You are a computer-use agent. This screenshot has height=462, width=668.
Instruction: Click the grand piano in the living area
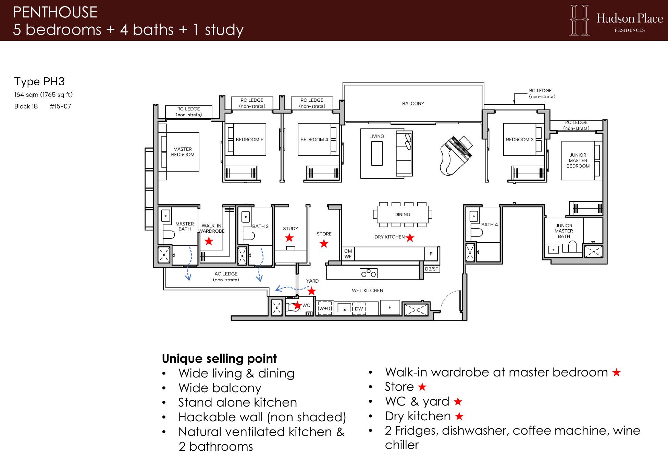click(x=456, y=156)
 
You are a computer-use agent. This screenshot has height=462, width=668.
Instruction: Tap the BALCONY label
click(x=413, y=103)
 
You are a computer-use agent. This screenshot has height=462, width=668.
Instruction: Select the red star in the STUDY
click(x=289, y=238)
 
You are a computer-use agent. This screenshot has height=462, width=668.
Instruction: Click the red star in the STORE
click(x=324, y=244)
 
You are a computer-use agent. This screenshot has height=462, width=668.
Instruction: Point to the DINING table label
click(x=402, y=215)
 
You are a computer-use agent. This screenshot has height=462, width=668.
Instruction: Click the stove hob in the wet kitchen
click(x=369, y=273)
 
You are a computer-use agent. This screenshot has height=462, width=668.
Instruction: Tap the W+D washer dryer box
click(x=324, y=308)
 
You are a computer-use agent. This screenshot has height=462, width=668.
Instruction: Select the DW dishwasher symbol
click(x=359, y=309)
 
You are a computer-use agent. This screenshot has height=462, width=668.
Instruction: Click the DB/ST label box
click(x=432, y=269)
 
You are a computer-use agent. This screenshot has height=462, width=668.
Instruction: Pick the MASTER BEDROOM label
click(x=183, y=152)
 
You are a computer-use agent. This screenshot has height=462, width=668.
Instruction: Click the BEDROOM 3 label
click(x=520, y=140)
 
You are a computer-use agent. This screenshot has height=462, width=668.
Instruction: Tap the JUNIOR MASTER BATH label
click(x=564, y=231)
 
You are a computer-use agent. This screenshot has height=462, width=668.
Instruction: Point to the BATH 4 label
click(x=489, y=224)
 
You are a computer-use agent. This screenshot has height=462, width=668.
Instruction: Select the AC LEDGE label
click(x=226, y=277)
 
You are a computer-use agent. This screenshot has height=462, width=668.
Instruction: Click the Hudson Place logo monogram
click(x=579, y=20)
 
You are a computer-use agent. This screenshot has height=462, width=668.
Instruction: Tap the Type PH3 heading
click(x=39, y=81)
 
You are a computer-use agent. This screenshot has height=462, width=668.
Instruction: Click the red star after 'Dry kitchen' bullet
click(x=459, y=416)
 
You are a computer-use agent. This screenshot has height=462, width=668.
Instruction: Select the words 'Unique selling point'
click(x=219, y=359)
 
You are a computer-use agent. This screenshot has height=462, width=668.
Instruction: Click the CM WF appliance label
click(x=348, y=254)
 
